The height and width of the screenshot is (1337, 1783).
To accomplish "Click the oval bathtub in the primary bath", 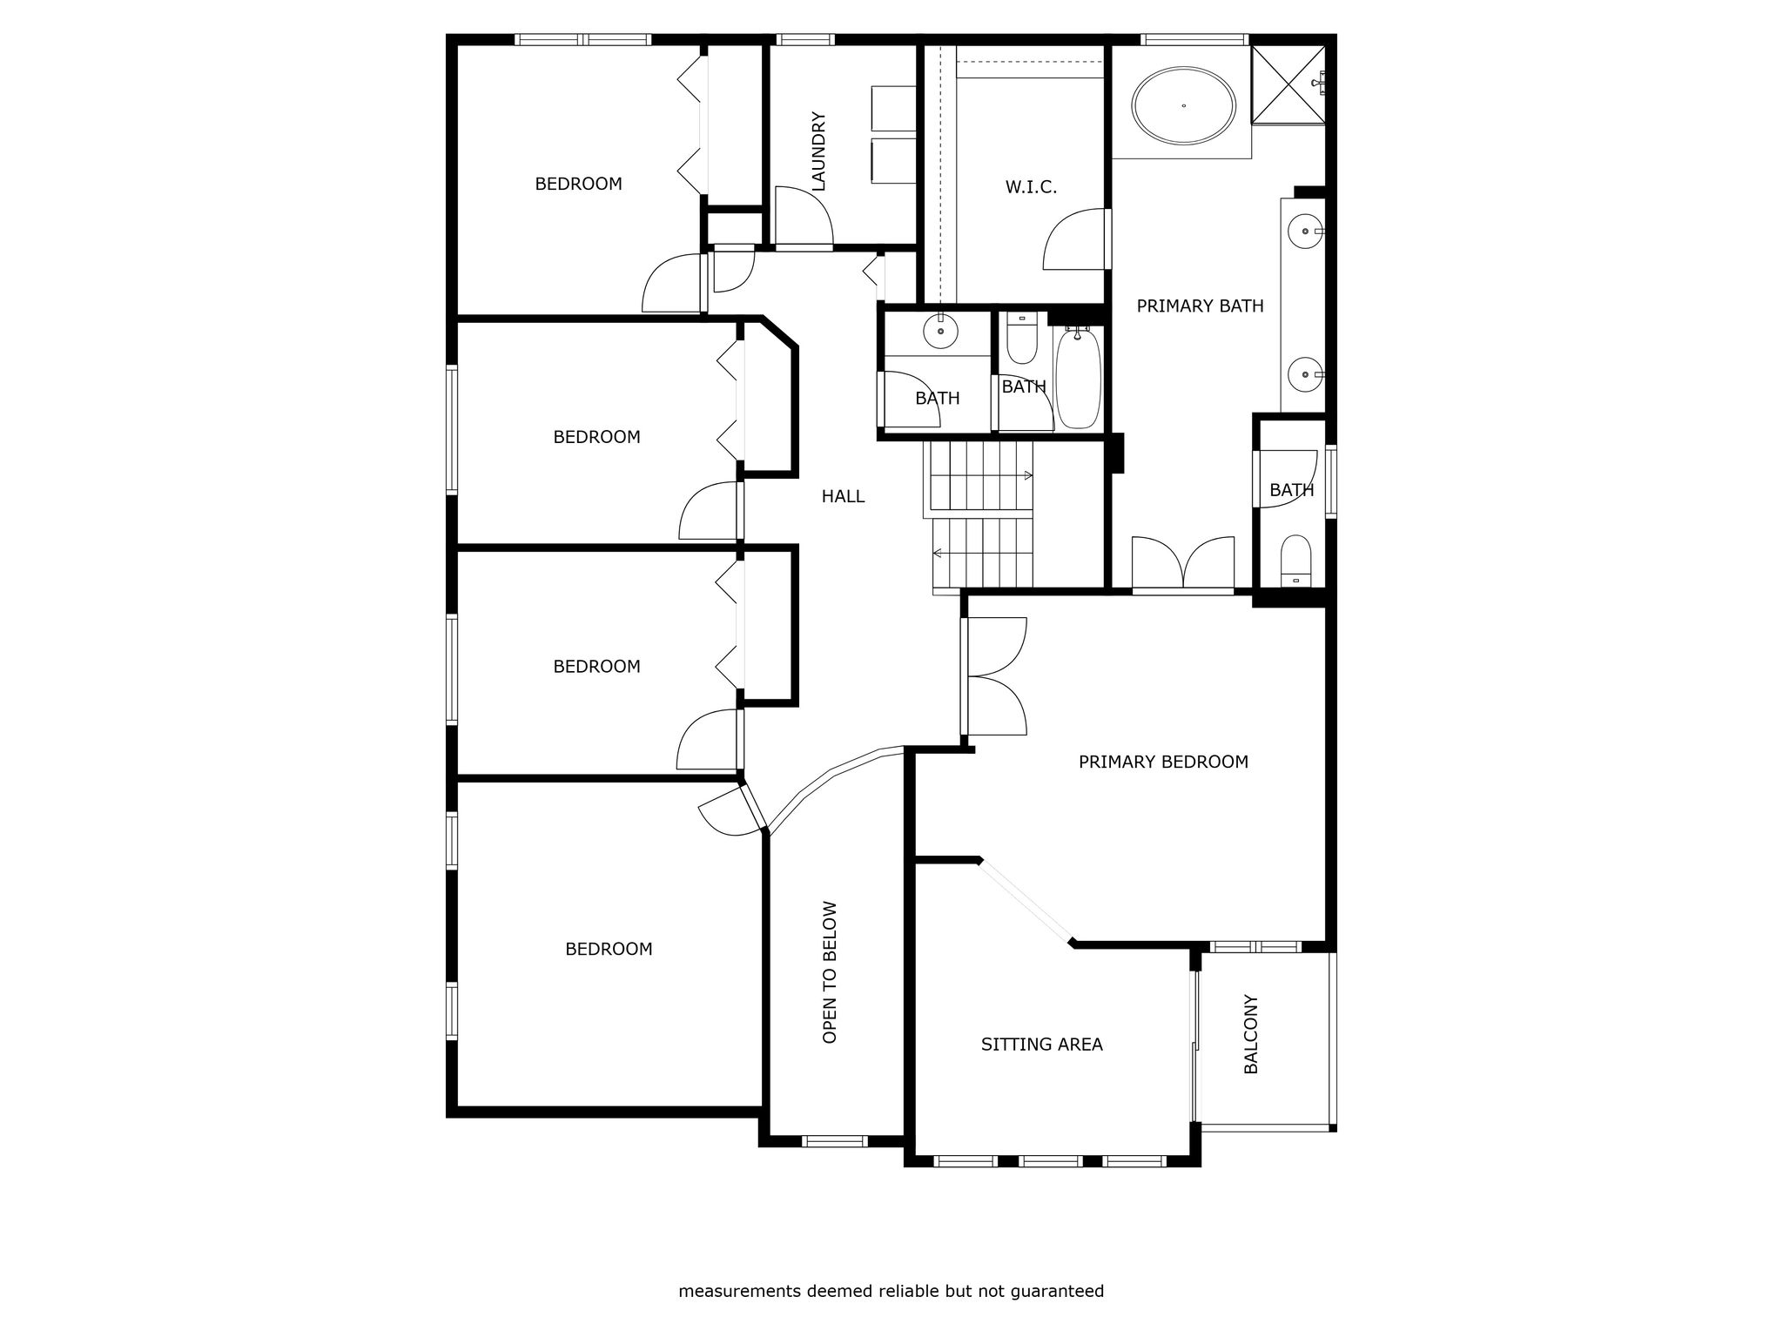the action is click(1183, 105).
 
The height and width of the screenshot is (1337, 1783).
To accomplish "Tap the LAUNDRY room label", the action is click(818, 151).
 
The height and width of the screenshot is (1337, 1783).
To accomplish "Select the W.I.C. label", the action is click(1031, 187).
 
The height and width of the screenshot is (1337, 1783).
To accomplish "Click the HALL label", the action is click(843, 496).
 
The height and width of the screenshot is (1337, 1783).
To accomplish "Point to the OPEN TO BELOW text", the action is click(830, 972).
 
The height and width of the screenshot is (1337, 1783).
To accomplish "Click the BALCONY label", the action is click(1251, 1034).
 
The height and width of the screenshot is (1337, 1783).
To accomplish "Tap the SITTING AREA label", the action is click(1041, 1045).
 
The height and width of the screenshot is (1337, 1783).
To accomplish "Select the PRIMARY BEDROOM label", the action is click(1163, 762).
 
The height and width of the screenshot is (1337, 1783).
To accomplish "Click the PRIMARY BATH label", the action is click(1200, 306).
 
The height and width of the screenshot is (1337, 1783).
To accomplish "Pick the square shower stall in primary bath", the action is click(1288, 85).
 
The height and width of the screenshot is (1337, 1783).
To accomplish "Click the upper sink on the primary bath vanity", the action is click(1305, 231).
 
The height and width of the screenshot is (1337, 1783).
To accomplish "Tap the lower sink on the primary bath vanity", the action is click(1305, 374).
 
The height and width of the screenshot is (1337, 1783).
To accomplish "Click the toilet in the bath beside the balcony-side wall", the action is click(1295, 561).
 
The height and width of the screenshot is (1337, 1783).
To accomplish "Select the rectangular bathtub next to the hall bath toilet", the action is click(1078, 378).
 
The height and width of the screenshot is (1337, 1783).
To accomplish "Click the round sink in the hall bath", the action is click(940, 331).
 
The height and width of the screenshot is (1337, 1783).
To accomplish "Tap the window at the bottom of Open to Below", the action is click(834, 1141).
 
